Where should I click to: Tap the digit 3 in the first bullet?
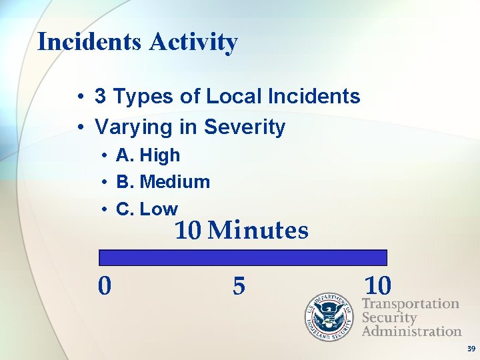101,97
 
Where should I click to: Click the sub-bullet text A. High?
148,156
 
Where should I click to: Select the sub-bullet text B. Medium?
163,182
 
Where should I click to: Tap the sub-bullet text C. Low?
147,209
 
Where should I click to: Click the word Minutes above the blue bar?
259,231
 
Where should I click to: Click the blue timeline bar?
243,258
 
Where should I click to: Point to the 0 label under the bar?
105,286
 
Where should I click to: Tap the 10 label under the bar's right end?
378,285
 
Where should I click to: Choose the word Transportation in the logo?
411,304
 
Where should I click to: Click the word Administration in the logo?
411,331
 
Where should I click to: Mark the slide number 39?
471,349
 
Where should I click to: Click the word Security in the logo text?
389,317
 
